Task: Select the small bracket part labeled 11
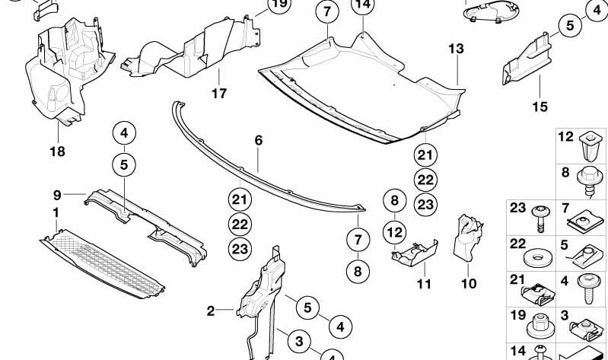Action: pos(415,253)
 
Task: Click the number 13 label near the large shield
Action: pos(455,49)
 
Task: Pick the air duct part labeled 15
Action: pos(529,61)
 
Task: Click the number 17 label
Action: pos(219,95)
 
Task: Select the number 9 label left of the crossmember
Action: pos(57,194)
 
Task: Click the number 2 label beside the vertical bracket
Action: pos(211,310)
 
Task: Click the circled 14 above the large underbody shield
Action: pos(363,6)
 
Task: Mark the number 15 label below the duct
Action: pos(540,107)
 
